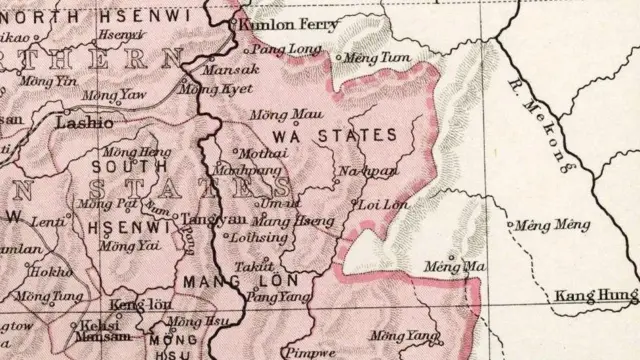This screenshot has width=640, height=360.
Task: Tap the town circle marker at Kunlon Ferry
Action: tap(233, 22)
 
